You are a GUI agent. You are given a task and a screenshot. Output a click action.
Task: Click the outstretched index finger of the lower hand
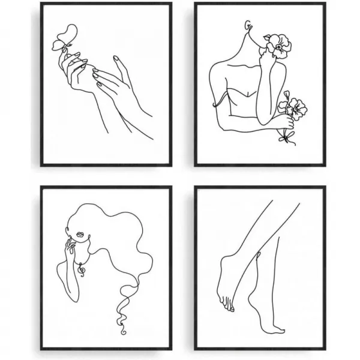[116, 61]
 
